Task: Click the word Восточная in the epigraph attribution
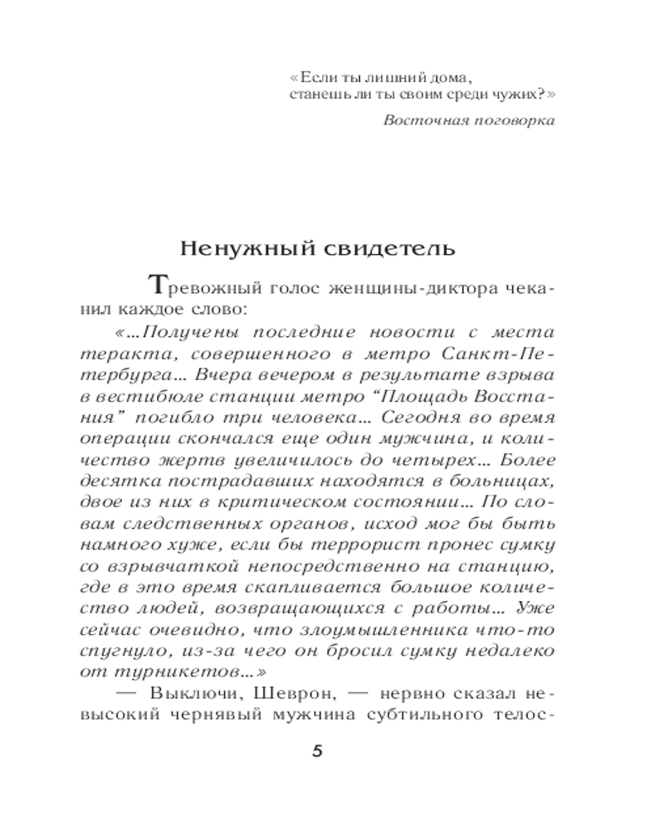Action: [x=420, y=119]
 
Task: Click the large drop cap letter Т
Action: [x=158, y=286]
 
